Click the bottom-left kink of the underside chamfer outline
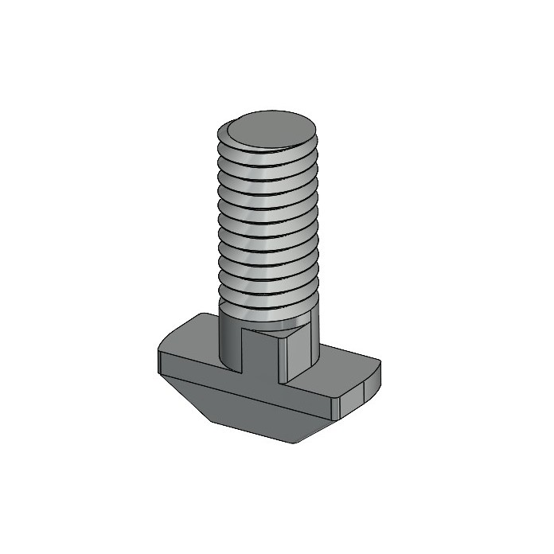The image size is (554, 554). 209,420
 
